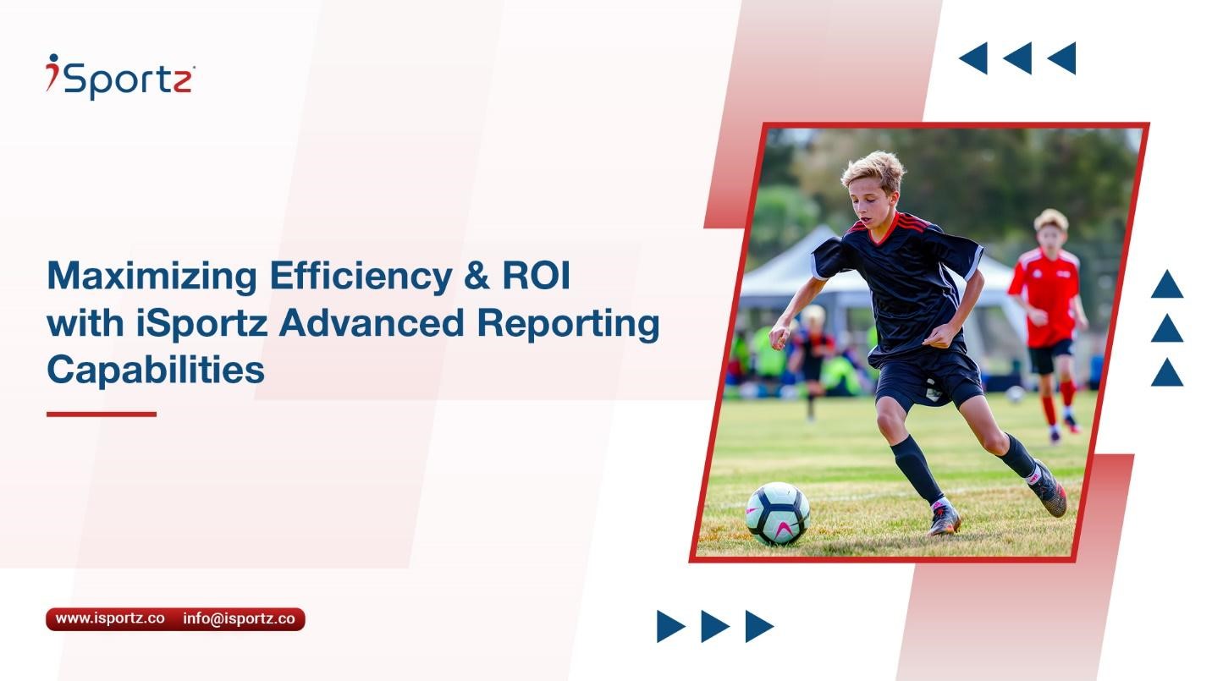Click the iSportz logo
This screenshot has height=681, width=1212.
pos(120,76)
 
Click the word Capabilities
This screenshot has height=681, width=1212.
pos(156,371)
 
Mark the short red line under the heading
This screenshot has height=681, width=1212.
pos(102,414)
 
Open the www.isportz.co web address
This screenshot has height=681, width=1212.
pos(110,618)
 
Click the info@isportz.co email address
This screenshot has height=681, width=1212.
pos(239,618)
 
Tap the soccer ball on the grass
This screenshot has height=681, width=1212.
pos(777,513)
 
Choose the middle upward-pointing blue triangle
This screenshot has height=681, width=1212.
pos(1166,328)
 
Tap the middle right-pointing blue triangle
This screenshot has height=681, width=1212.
pos(714,626)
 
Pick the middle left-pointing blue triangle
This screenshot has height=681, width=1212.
pos(1017,58)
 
